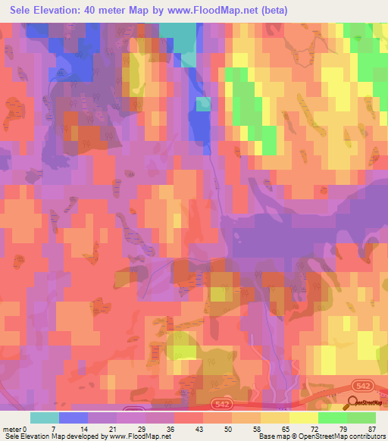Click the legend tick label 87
pyautogui.click(x=372, y=429)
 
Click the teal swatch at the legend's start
pyautogui.click(x=45, y=418)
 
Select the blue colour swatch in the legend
pyautogui.click(x=74, y=418)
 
